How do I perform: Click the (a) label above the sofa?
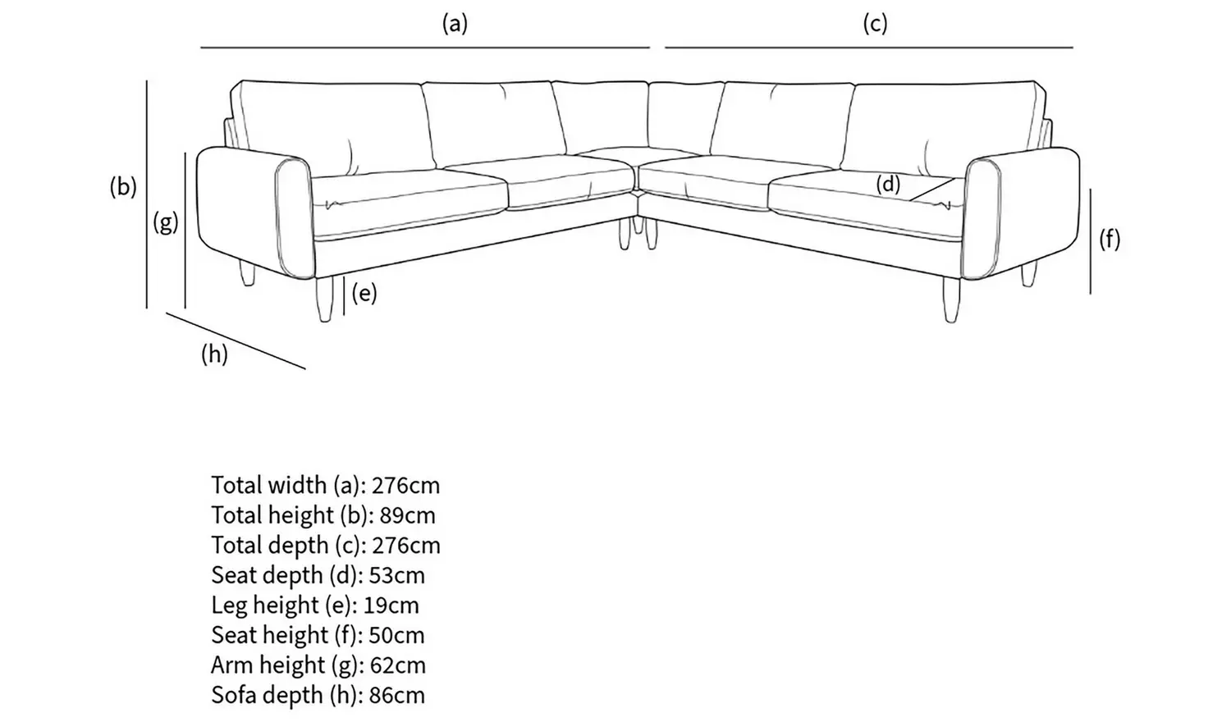tap(455, 24)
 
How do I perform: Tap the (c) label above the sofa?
tap(875, 24)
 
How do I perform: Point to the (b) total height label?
tap(123, 187)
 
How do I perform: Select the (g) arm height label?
tap(166, 222)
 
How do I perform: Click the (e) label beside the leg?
tap(364, 293)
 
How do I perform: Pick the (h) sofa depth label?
tap(214, 354)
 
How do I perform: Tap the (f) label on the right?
tap(1110, 239)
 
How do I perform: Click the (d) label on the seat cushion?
tap(888, 184)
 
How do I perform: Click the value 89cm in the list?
tap(407, 515)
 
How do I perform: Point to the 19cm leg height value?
tap(391, 605)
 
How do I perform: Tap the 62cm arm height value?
tap(398, 665)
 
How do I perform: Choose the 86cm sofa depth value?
tap(396, 696)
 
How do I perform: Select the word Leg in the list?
tap(228, 605)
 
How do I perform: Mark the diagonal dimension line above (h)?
tap(236, 340)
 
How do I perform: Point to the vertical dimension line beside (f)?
tap(1091, 240)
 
